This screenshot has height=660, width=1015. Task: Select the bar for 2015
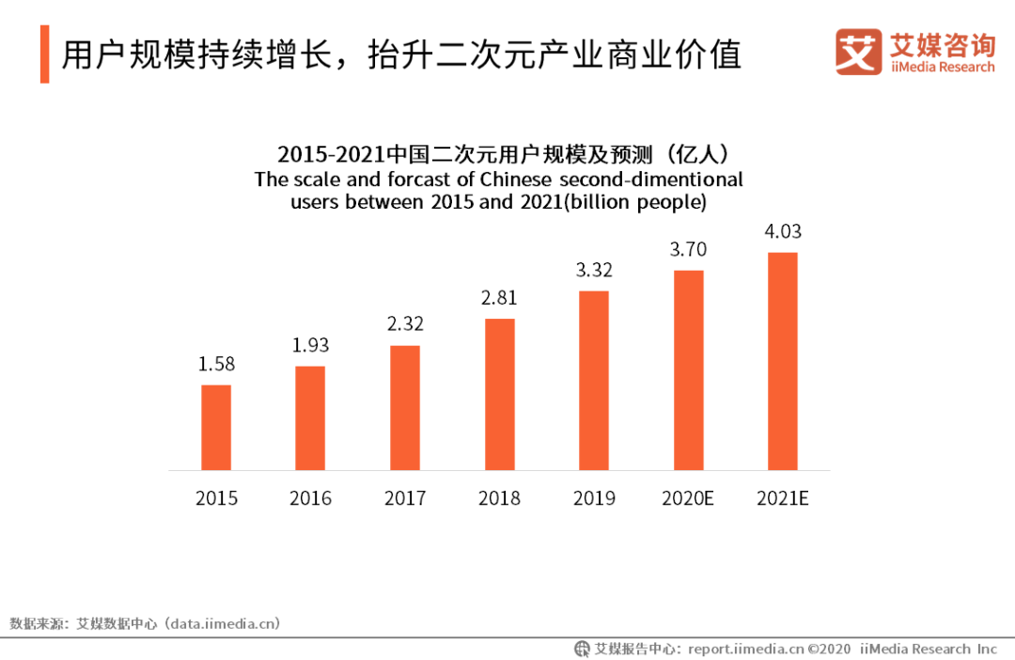216,428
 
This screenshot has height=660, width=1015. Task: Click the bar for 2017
405,408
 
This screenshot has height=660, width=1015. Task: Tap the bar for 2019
594,381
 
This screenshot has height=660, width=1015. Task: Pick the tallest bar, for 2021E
783,361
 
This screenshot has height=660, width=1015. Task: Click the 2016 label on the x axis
310,498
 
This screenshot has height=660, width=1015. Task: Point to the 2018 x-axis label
499,498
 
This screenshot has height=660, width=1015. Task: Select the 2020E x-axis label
688,498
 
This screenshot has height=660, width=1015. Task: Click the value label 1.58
216,364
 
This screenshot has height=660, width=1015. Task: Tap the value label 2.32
405,324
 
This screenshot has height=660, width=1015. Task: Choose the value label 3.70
688,249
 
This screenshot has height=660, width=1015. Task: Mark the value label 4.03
783,231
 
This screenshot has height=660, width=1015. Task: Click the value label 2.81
499,298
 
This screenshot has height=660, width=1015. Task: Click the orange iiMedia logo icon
858,52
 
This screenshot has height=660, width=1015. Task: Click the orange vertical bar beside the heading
44,55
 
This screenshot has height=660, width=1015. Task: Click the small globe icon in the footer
583,649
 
